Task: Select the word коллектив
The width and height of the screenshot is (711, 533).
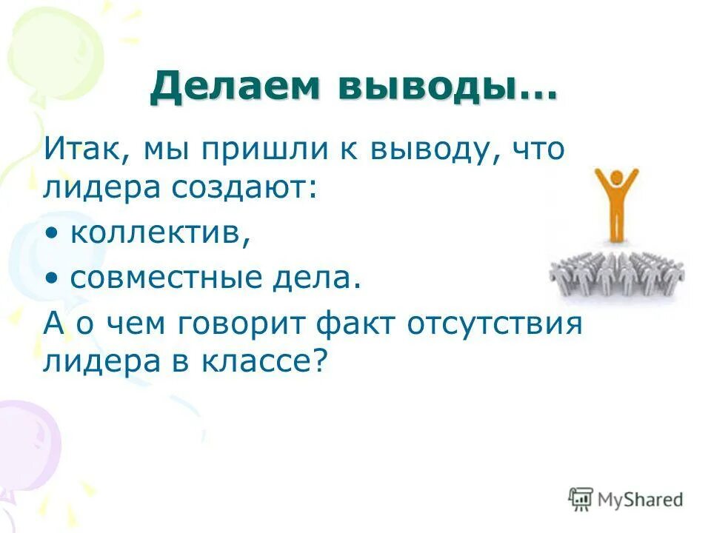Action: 159,234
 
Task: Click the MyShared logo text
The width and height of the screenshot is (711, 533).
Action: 641,500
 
